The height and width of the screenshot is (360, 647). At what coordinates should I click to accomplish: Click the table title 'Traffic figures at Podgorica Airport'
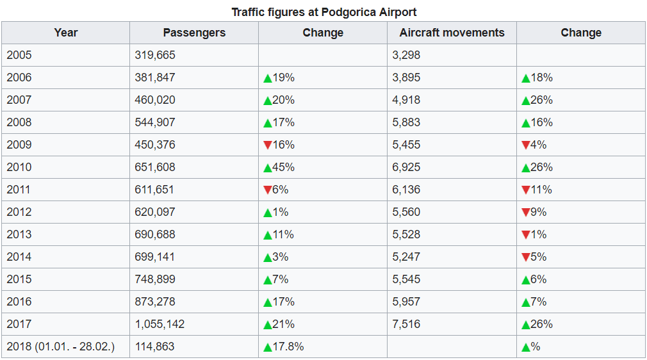[323, 12]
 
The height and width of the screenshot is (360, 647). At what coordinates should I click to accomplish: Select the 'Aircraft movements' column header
[452, 33]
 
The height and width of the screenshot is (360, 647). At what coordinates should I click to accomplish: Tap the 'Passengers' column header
[194, 33]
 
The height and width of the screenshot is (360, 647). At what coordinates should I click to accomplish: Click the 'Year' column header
[66, 33]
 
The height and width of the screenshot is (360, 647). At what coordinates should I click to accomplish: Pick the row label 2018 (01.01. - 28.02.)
[61, 347]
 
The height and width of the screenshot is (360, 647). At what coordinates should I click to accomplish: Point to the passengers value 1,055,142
[160, 324]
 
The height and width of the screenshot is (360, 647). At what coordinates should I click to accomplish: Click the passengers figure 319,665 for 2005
[155, 55]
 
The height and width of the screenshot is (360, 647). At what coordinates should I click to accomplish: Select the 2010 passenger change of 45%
[279, 167]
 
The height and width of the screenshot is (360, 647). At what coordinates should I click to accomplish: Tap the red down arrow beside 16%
[268, 145]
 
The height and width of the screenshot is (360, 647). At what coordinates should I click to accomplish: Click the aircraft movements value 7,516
[406, 324]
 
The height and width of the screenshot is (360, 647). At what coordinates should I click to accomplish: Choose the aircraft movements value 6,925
[406, 167]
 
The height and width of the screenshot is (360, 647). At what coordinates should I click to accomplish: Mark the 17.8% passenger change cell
[284, 347]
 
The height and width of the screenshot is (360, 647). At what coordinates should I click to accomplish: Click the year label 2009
[19, 145]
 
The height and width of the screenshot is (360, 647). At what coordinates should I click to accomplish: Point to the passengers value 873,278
[155, 302]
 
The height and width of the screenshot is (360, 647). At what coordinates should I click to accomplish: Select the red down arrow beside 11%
[526, 190]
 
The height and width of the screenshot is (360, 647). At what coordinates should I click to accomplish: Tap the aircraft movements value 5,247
[406, 257]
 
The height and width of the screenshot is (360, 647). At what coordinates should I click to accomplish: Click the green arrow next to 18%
[526, 78]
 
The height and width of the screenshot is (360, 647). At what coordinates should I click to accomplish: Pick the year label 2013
[19, 234]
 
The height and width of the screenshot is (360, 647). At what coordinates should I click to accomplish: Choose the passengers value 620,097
[155, 212]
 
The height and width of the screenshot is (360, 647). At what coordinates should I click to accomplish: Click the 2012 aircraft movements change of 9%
[534, 212]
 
